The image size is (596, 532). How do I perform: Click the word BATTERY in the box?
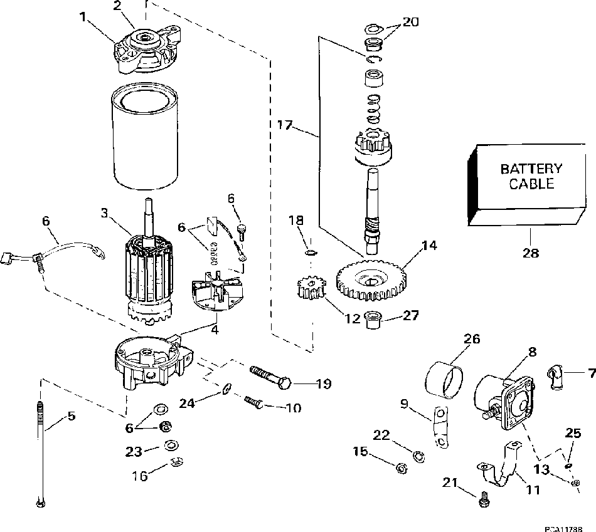(531, 169)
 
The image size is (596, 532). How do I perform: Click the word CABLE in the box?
(531, 184)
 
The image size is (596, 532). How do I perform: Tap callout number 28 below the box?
(530, 253)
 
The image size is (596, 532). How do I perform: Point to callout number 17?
(285, 125)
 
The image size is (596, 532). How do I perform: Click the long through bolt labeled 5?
(41, 451)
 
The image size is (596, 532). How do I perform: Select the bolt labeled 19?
(270, 377)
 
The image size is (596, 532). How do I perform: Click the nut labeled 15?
(400, 467)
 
